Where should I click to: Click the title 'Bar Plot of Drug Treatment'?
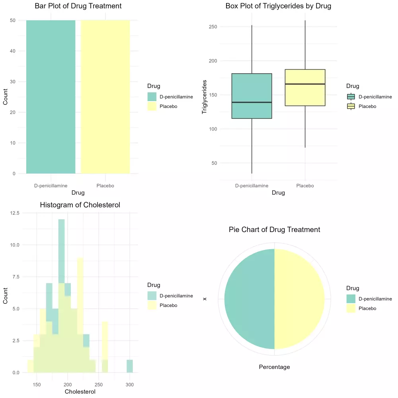click(x=78, y=6)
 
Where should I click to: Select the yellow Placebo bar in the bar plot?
click(x=105, y=97)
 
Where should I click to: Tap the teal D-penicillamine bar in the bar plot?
click(x=51, y=97)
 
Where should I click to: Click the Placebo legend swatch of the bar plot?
click(x=152, y=106)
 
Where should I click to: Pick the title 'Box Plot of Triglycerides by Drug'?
click(x=278, y=6)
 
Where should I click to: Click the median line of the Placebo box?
click(x=305, y=84)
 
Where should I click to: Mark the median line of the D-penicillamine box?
click(x=252, y=102)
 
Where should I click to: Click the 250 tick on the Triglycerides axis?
click(x=215, y=27)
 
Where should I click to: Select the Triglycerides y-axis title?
click(x=205, y=97)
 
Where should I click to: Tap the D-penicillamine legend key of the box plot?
click(x=351, y=97)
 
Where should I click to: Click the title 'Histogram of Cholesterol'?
click(x=80, y=205)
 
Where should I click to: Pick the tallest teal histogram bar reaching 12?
click(x=61, y=247)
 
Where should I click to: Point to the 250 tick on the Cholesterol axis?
click(x=99, y=385)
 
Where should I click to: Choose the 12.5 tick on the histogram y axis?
click(x=14, y=213)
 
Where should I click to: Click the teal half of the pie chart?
click(x=249, y=299)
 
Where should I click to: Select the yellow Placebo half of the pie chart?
click(x=299, y=299)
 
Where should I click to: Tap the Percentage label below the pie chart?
click(x=274, y=367)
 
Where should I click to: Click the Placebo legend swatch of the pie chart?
click(x=351, y=308)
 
